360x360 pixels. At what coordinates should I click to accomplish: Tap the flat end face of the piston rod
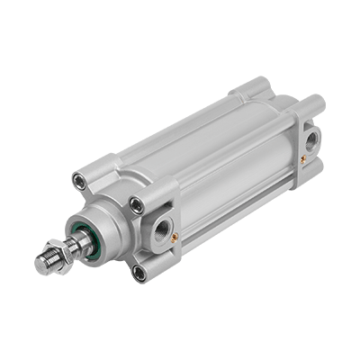tap(40, 265)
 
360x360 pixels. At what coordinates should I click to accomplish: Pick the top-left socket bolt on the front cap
tap(82, 181)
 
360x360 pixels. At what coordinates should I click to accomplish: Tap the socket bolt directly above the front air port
tap(137, 206)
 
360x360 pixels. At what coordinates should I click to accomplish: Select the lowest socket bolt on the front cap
tap(139, 273)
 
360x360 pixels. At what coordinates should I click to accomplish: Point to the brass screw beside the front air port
tap(175, 236)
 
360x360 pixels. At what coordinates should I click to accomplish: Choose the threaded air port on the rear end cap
tap(310, 140)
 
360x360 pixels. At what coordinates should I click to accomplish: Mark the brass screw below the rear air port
tap(303, 159)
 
